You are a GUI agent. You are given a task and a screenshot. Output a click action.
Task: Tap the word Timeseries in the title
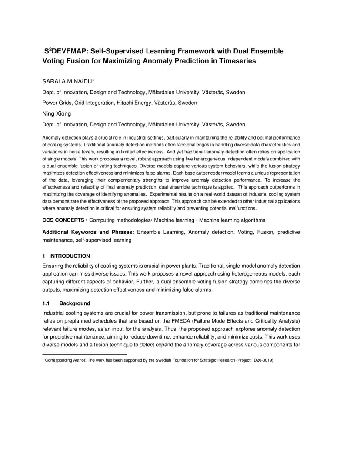click(236, 61)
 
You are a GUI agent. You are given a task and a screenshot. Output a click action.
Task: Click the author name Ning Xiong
click(57, 113)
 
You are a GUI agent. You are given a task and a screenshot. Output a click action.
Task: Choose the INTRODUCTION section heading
click(70, 256)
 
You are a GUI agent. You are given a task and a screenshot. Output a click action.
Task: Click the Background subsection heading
click(75, 303)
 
